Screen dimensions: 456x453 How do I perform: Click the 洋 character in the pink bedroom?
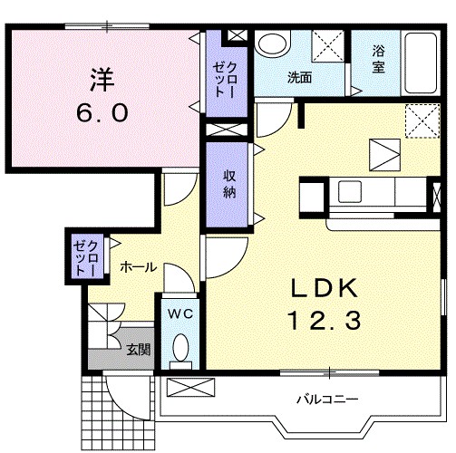pos(102,80)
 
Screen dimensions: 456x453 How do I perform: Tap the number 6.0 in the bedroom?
pos(102,112)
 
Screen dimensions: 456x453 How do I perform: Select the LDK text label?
pos(325,288)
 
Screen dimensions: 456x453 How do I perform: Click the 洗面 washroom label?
pos(299,78)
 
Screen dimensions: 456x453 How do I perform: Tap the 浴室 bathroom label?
pos(378,59)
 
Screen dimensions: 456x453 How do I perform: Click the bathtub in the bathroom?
pos(421,63)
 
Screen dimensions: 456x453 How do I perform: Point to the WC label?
pos(180,314)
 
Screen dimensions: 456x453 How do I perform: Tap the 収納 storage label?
pos(229,184)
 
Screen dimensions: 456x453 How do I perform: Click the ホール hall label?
pos(139,267)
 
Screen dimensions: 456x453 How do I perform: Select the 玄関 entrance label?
pos(138,350)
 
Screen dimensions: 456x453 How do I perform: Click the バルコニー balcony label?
pos(327,400)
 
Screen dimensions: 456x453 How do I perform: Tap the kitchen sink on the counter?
pos(350,192)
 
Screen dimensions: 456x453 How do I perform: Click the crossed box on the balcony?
pos(190,388)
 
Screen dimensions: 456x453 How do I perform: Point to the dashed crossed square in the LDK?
pos(422,120)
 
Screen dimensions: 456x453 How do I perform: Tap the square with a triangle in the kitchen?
pos(385,155)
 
